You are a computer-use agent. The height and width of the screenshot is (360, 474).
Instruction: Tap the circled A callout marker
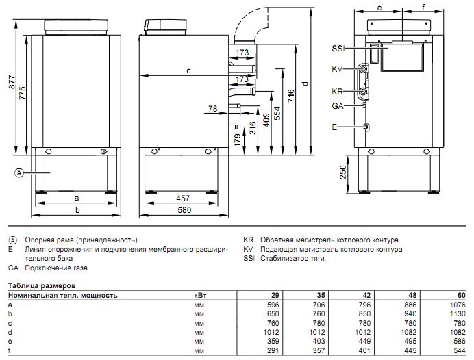point(19,173)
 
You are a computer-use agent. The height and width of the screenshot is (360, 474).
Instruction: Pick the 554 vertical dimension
point(277,113)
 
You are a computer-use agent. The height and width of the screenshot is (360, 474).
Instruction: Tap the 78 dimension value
point(212,108)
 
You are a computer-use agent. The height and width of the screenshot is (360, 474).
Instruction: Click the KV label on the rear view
point(337,68)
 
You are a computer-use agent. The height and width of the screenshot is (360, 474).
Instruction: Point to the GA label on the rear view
point(337,106)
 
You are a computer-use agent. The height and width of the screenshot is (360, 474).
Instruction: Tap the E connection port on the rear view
point(366,127)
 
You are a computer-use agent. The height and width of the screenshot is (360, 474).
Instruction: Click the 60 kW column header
point(462,296)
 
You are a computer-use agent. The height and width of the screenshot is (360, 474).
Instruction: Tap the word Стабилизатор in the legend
point(282,259)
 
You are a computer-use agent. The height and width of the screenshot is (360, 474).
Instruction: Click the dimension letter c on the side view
point(188,70)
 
